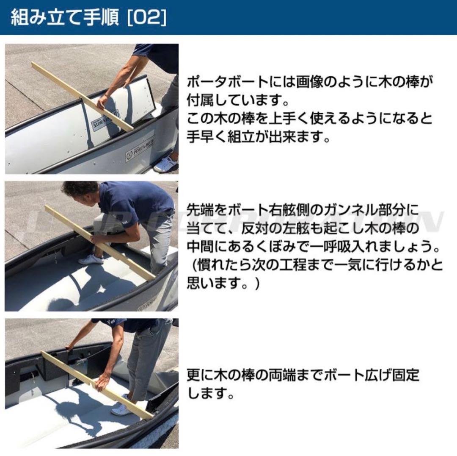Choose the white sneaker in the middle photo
[x=91, y=259]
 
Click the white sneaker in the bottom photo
[x=121, y=409]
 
